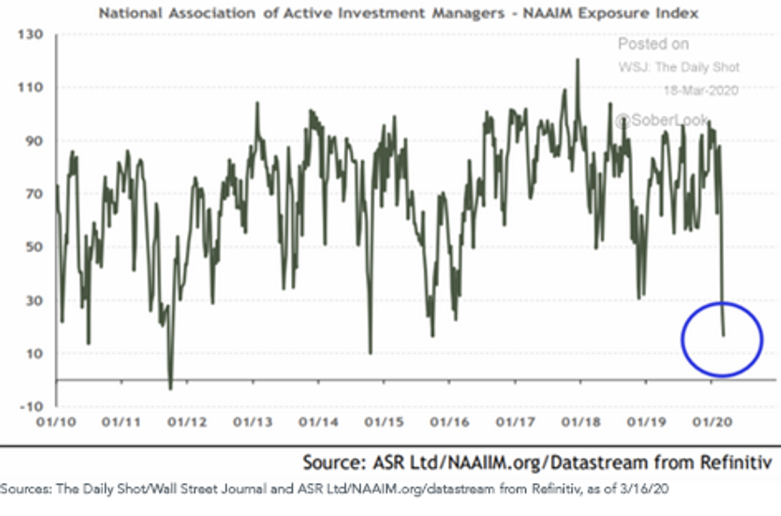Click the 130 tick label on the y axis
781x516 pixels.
[31, 34]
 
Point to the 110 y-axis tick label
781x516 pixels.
[31, 87]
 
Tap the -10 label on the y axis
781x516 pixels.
[31, 407]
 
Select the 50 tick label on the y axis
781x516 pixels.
[34, 247]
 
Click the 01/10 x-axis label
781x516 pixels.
[56, 422]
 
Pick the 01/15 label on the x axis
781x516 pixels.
[384, 422]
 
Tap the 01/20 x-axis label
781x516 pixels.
[712, 422]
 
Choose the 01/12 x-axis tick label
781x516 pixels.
[187, 422]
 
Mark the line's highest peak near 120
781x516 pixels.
[578, 60]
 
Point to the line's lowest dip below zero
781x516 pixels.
[171, 388]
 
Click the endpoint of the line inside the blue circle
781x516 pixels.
[724, 335]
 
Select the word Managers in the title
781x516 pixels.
[468, 14]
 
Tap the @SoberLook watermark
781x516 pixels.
[661, 120]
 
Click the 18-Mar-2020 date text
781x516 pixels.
[701, 90]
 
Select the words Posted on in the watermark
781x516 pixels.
[653, 44]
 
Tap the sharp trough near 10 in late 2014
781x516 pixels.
[370, 353]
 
